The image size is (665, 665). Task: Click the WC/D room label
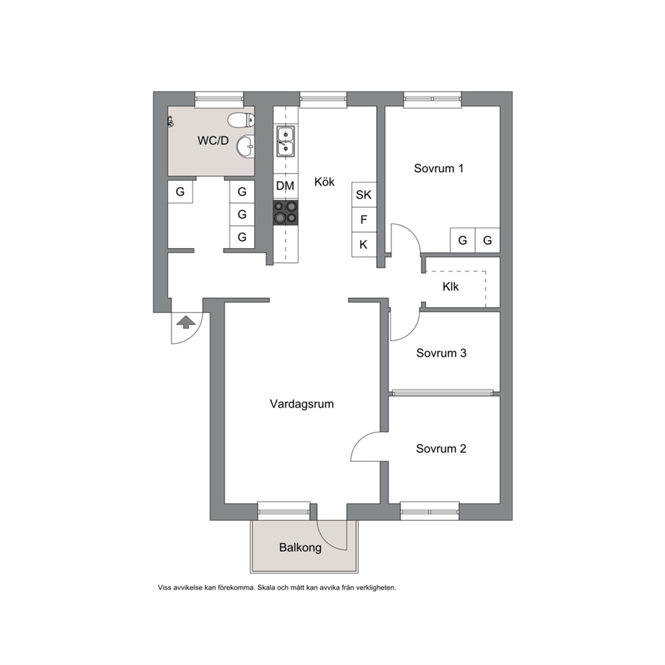[x=213, y=140]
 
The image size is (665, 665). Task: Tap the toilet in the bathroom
[x=241, y=121]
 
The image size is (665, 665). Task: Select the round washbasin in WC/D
[x=245, y=147]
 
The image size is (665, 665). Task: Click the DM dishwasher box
[x=285, y=186]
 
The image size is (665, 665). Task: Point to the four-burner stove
[x=286, y=213]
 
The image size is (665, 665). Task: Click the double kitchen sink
[x=286, y=141]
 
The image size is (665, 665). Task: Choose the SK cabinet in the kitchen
[x=363, y=194]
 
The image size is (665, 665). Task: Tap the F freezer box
[x=363, y=220]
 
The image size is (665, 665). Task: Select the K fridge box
[x=363, y=244]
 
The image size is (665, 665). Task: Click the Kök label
[x=324, y=182]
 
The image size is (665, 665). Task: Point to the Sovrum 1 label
[x=438, y=168]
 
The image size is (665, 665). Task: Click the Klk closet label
[x=450, y=287]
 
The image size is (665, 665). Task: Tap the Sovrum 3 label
[x=441, y=353]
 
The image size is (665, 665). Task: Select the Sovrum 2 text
[x=441, y=448]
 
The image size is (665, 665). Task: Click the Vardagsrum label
[x=302, y=404]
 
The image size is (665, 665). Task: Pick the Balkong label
[x=300, y=548]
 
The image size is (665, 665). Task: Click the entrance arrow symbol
[x=186, y=322]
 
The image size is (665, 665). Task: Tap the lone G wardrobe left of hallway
[x=180, y=192]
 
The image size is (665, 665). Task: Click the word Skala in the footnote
[x=267, y=588]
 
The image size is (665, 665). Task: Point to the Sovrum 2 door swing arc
[x=360, y=441]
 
